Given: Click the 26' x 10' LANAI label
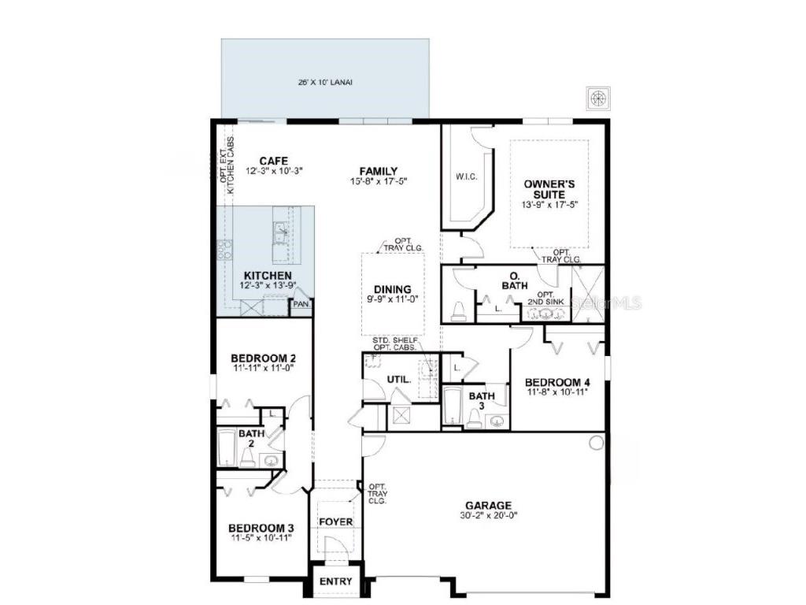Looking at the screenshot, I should click(325, 82).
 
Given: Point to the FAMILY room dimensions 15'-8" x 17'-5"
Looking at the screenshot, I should click(379, 181).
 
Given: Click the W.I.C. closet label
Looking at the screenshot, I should click(467, 176).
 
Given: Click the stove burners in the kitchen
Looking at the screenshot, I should click(224, 250).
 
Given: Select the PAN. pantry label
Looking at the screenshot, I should click(301, 302).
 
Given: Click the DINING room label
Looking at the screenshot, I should click(393, 288).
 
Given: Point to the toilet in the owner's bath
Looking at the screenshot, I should click(458, 312).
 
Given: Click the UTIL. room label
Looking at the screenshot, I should click(398, 380).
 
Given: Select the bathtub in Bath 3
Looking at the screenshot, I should click(451, 406).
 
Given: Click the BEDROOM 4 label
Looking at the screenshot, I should click(557, 383).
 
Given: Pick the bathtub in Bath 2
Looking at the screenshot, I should click(227, 448).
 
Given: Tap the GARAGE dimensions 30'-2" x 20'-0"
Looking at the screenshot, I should click(488, 516).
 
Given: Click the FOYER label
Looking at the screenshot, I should click(335, 522).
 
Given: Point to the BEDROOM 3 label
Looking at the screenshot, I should click(261, 528).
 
